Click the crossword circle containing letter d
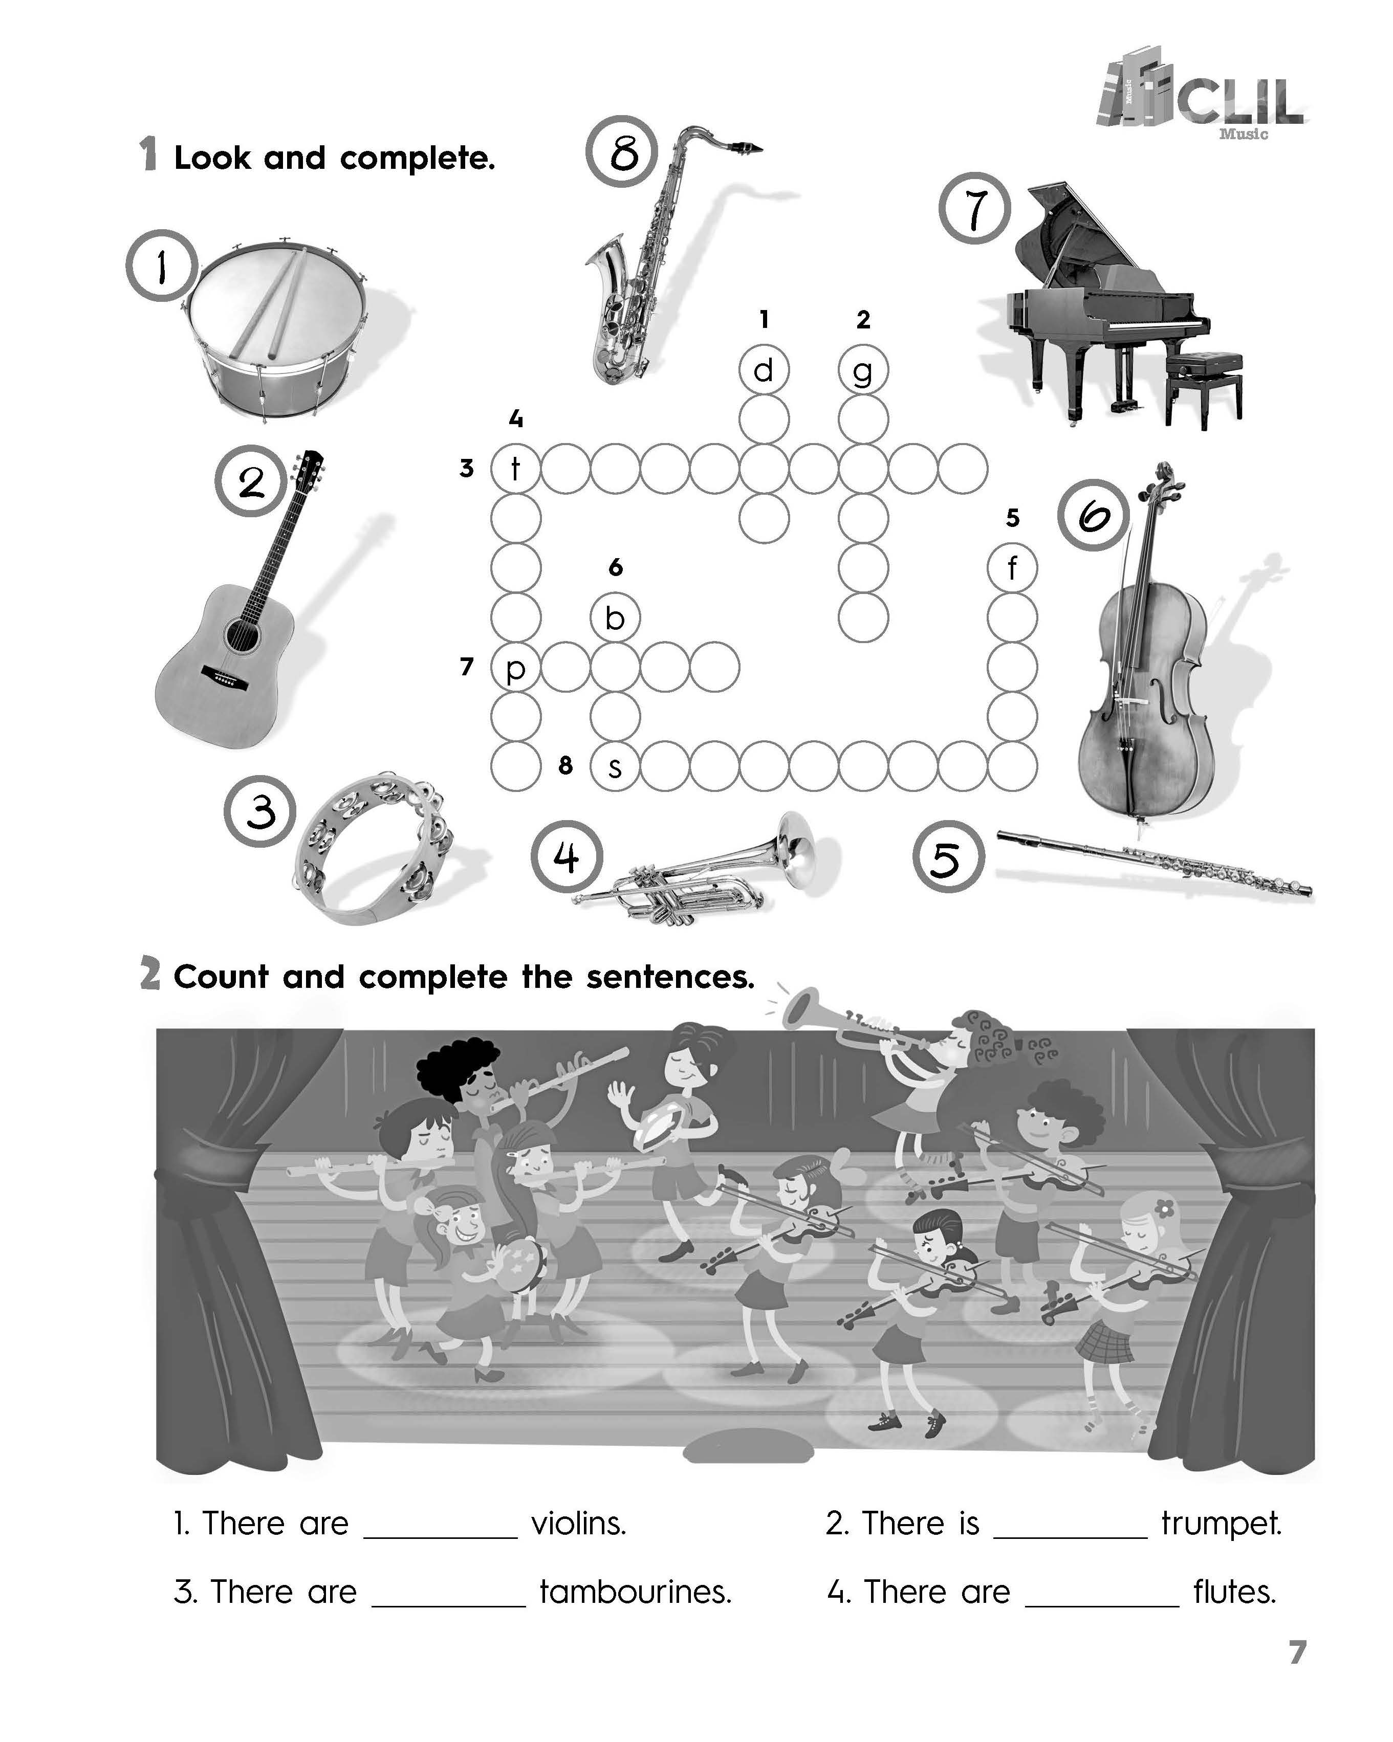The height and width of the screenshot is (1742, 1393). [x=764, y=370]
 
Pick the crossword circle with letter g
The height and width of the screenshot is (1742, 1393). [x=863, y=370]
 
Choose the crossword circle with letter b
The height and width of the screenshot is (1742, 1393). [x=615, y=618]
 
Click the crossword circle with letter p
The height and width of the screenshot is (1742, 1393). [x=515, y=668]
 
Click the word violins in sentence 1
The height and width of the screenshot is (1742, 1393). [x=578, y=1524]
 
